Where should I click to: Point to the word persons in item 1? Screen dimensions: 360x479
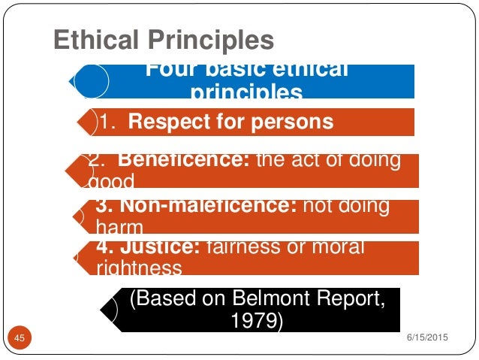pyautogui.click(x=291, y=122)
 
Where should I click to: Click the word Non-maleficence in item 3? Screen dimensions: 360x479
pyautogui.click(x=196, y=206)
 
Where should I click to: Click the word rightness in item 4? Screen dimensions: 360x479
pyautogui.click(x=140, y=266)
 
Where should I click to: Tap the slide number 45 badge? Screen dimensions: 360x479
pyautogui.click(x=20, y=339)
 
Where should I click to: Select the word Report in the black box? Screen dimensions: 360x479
pyautogui.click(x=334, y=300)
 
